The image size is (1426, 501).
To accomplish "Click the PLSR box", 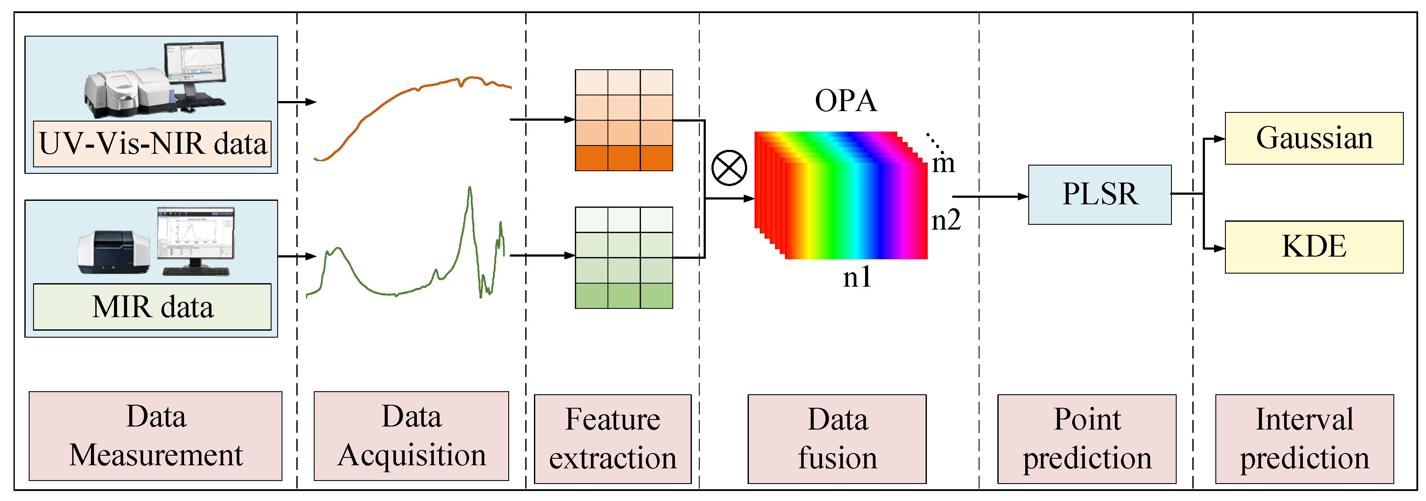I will tap(1099, 195).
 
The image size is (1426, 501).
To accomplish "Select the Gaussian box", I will tap(1314, 138).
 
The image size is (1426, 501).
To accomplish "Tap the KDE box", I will tap(1314, 247).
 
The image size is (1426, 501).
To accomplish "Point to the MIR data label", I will tap(152, 307).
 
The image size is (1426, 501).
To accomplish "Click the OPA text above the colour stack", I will tap(846, 101).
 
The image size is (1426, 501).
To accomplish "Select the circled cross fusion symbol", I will tap(728, 168).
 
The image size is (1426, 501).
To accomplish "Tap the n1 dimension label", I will tap(856, 277).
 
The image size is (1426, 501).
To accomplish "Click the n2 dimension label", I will tap(946, 220).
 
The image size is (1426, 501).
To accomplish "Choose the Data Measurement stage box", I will tap(155, 436).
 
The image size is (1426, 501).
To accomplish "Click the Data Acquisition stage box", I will tap(411, 436).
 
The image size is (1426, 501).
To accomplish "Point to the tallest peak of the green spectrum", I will tap(470, 190).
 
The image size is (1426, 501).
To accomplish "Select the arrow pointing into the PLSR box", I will tap(991, 196).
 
